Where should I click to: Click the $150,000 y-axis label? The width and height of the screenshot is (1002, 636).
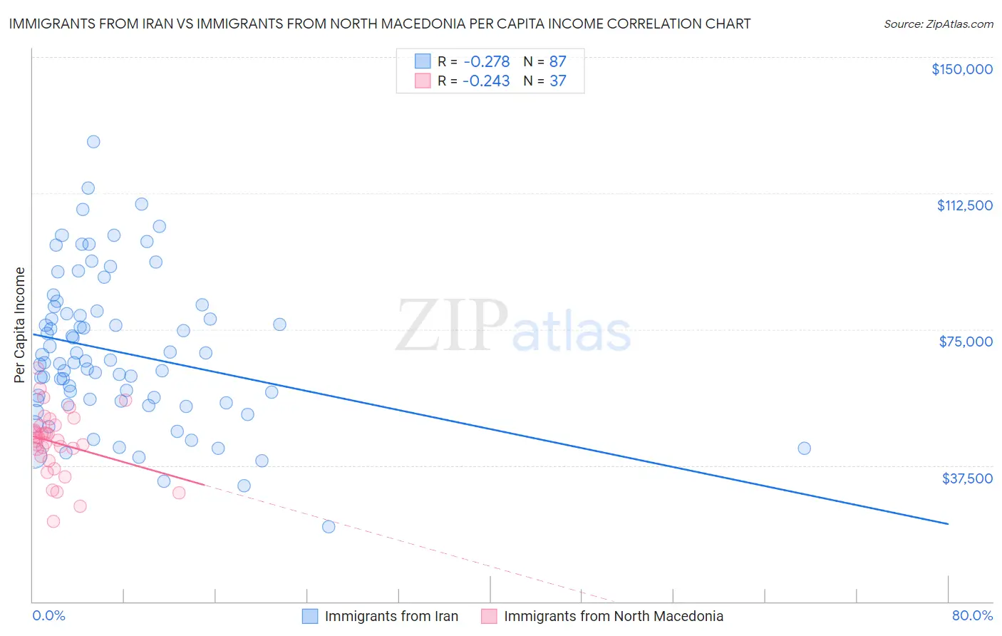point(961,69)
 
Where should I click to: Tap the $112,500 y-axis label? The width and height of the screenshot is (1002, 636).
point(964,205)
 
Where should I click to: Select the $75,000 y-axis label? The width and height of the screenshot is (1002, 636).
point(966,342)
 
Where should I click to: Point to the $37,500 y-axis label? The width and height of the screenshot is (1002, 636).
point(967,478)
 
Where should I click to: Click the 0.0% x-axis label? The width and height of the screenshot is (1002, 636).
point(48,616)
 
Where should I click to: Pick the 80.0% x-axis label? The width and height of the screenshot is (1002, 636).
point(972,616)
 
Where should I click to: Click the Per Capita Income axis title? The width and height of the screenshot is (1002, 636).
point(20,325)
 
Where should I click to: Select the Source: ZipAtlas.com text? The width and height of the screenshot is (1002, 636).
point(938,24)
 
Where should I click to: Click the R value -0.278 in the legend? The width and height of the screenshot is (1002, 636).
point(486,62)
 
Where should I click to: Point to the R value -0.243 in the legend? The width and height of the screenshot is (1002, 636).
point(486,81)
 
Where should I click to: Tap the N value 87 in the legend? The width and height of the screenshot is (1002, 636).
point(557,62)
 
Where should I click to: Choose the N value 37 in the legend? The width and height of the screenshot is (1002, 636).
point(557,81)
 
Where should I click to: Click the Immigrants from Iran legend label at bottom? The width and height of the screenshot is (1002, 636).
point(391,616)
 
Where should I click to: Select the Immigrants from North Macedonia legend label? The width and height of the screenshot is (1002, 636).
point(613,616)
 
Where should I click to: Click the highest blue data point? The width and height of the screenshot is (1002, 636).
point(93,142)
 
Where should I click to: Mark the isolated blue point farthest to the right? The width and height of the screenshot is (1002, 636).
point(804,448)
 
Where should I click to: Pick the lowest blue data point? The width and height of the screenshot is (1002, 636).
point(329,527)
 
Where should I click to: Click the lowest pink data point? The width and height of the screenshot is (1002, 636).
point(53,521)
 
